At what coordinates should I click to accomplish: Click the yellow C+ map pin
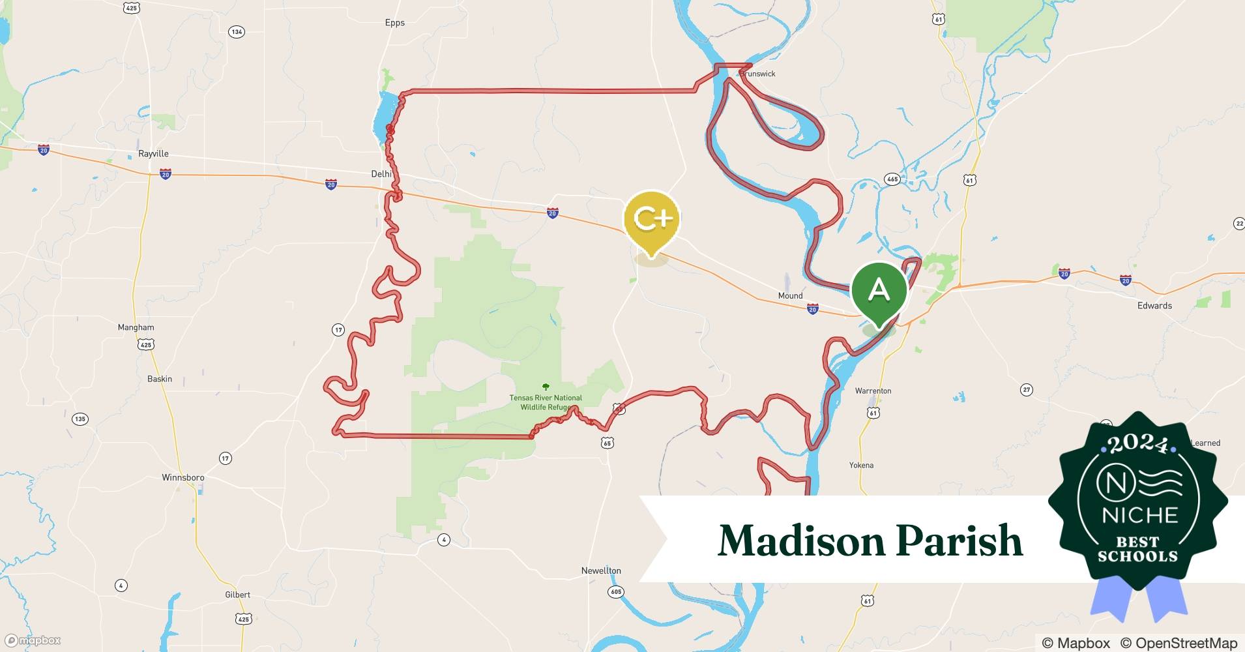click(651, 220)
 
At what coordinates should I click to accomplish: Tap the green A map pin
click(879, 290)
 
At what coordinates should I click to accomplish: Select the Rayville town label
click(153, 154)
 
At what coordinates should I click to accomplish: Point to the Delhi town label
click(381, 174)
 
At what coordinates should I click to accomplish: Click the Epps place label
click(394, 23)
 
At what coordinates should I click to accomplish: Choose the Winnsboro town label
click(183, 477)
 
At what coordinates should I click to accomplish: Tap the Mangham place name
click(136, 327)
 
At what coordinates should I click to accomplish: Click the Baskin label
click(160, 379)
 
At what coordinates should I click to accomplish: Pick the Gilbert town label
click(237, 595)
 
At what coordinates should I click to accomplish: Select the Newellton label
click(601, 570)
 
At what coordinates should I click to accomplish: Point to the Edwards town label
click(1154, 305)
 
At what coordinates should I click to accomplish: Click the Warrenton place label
click(873, 391)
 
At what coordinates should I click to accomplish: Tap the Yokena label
click(861, 465)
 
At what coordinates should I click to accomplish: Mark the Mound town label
click(790, 295)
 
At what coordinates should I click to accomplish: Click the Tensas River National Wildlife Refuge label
click(546, 402)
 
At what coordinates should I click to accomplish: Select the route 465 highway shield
click(892, 179)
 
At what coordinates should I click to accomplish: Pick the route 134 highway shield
click(237, 32)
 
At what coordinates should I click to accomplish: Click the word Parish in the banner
click(958, 541)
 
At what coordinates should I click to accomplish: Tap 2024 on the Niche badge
click(1137, 445)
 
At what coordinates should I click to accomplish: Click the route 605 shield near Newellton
click(616, 592)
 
